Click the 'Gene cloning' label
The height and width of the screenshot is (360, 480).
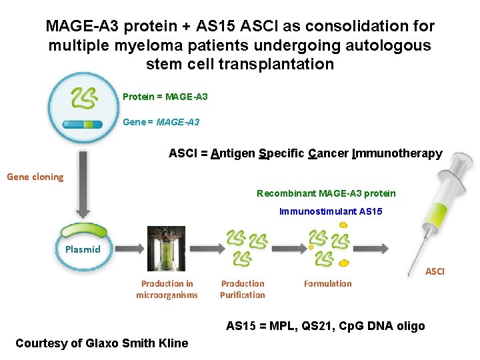[35, 177]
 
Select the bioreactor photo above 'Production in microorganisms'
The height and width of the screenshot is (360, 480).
[166, 249]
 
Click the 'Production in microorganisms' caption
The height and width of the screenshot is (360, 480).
[167, 289]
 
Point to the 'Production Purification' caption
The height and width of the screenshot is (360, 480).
[243, 289]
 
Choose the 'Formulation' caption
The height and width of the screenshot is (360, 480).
[327, 283]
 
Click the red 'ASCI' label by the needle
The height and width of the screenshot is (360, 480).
[434, 271]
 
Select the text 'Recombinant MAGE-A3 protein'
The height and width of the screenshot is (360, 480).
[326, 193]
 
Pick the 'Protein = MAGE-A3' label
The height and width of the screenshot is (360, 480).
[165, 97]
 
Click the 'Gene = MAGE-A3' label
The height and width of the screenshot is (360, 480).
[161, 122]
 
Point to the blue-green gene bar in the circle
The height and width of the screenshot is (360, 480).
[83, 124]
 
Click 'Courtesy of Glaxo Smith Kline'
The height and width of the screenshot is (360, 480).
[101, 343]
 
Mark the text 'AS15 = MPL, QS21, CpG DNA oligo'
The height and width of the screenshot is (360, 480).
[325, 326]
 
